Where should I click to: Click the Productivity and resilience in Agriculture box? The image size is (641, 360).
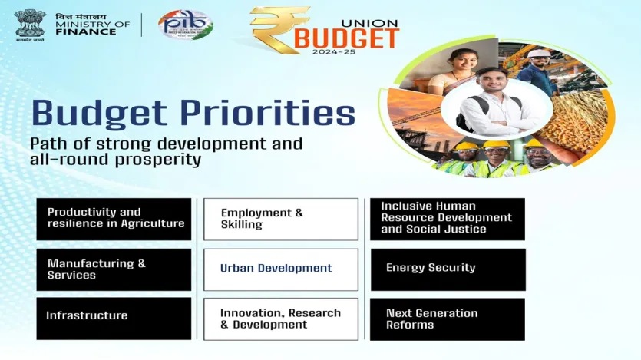114,218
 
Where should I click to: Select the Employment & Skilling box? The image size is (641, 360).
281,219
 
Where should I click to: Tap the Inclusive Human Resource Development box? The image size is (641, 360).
448,218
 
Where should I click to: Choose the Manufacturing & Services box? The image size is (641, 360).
114,269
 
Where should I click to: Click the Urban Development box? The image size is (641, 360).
281,269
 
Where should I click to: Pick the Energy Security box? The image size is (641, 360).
448,269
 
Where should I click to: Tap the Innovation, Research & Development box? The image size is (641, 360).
281,319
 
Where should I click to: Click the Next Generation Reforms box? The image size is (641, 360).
448,319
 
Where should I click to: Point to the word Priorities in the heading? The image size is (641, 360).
269,113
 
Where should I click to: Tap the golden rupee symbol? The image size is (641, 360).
278,30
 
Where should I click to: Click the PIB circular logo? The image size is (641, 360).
186,25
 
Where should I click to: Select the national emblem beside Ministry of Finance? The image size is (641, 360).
29,24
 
